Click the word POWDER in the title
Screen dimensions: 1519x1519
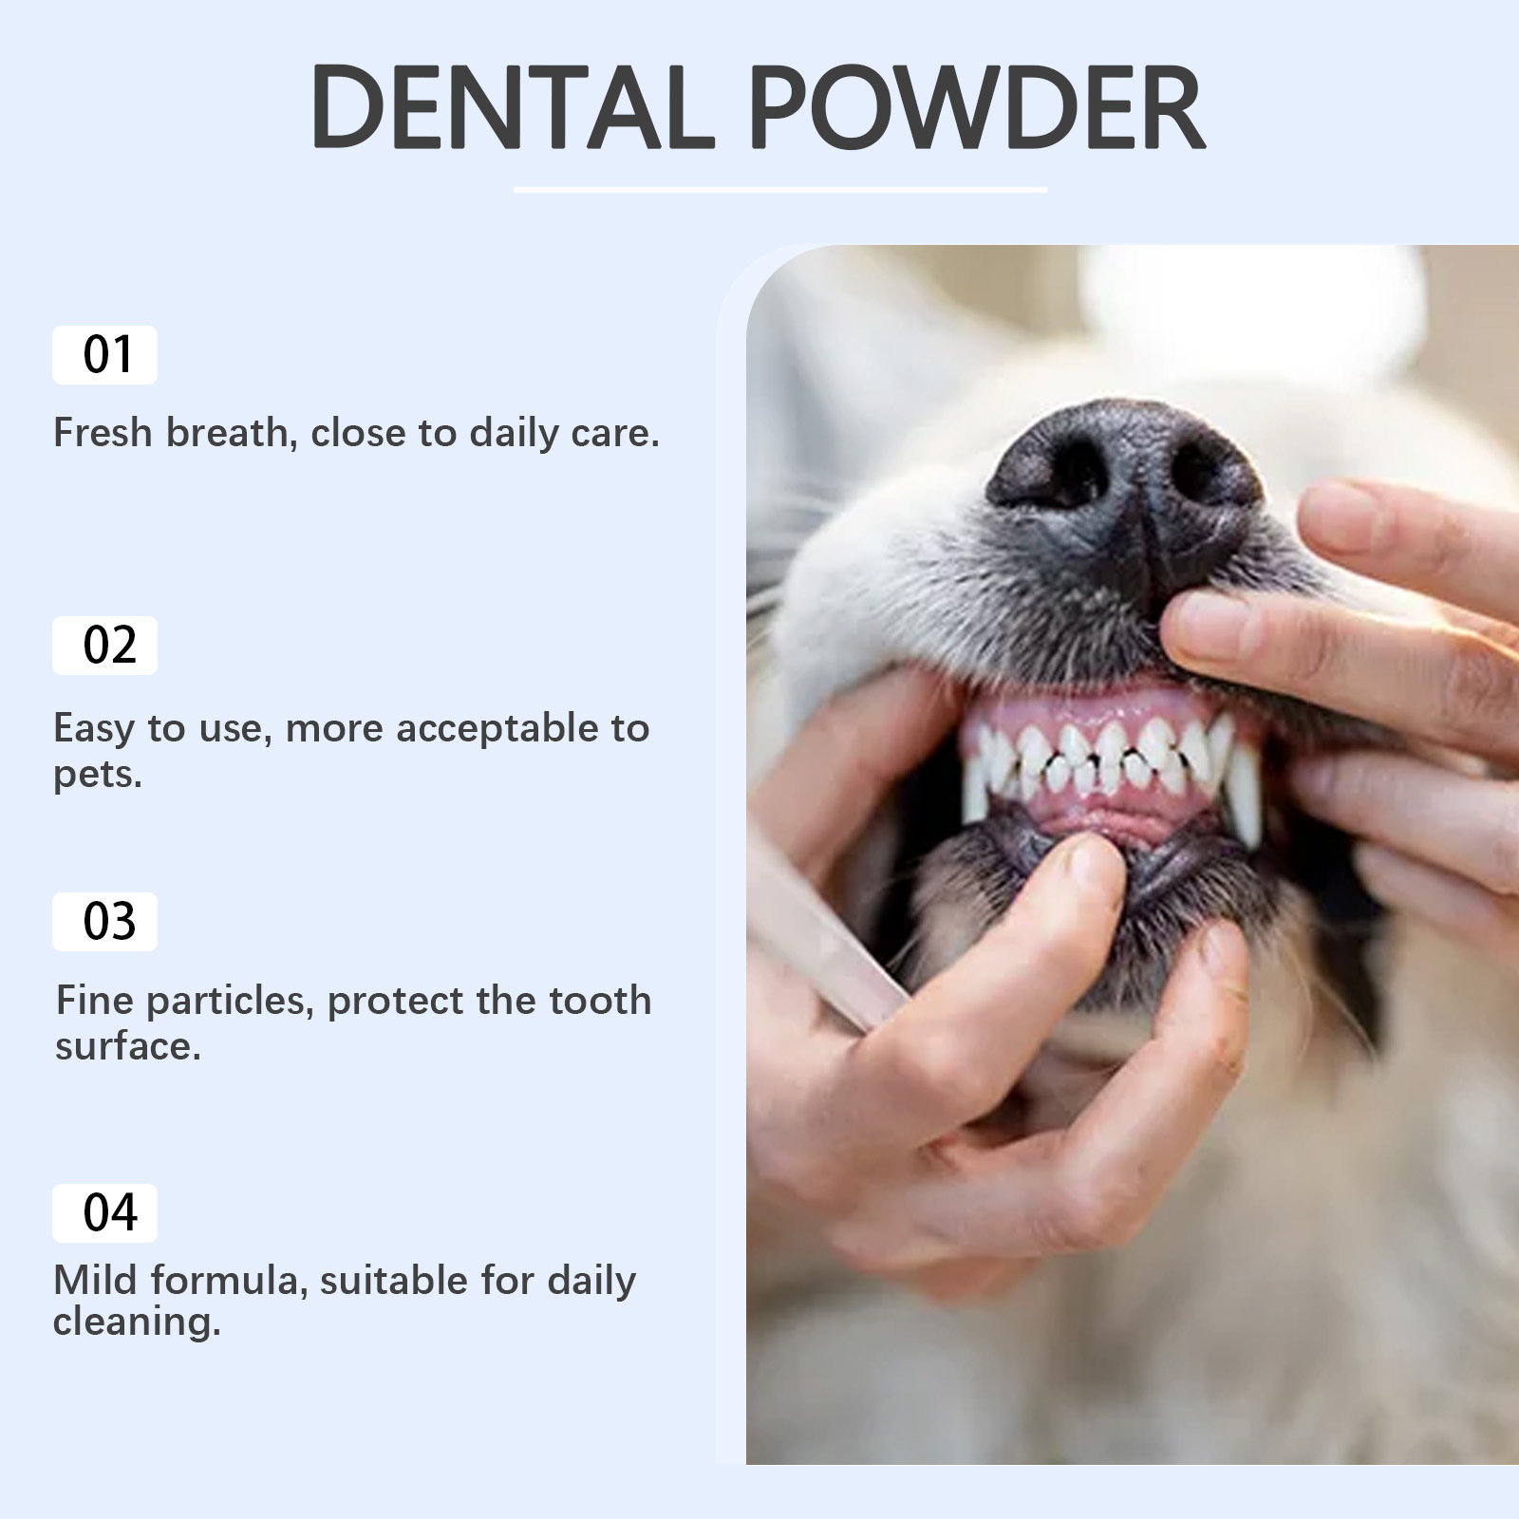(x=978, y=106)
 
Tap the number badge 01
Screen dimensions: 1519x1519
(x=104, y=355)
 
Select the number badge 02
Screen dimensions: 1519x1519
(x=104, y=646)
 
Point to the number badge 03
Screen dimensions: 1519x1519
(x=104, y=922)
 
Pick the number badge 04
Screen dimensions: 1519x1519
(x=104, y=1213)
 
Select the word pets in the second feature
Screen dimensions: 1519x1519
(x=97, y=777)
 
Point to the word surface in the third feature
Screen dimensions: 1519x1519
(x=127, y=1047)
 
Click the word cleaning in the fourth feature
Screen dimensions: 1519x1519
(x=136, y=1322)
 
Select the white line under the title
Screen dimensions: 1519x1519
(x=779, y=190)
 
